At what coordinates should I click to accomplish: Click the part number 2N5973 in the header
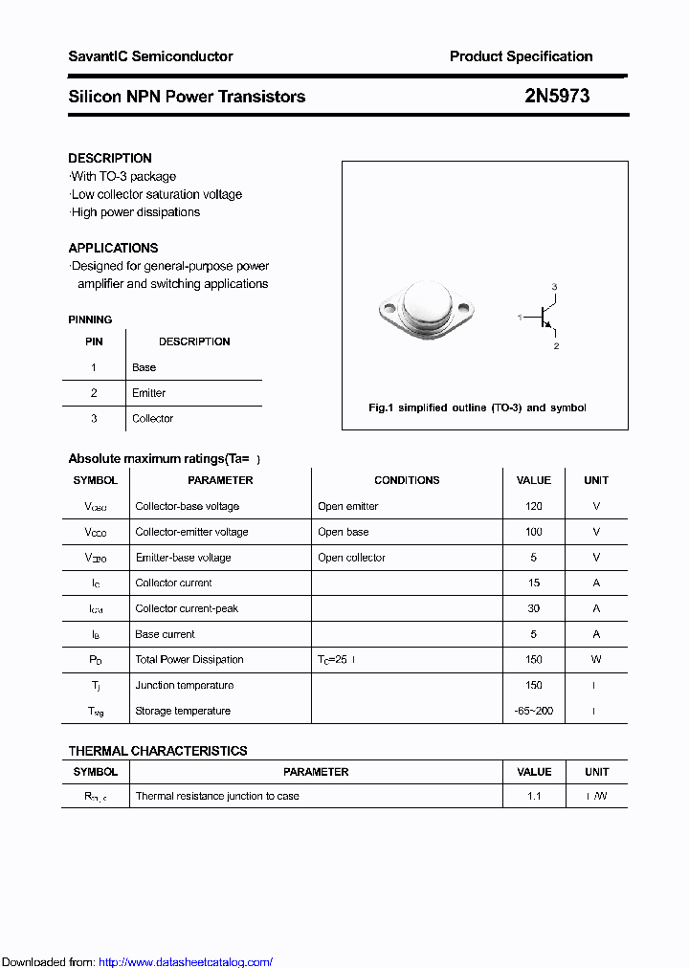click(x=556, y=96)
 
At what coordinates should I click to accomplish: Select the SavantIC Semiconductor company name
click(x=150, y=56)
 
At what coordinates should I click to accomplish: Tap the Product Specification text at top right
click(x=521, y=56)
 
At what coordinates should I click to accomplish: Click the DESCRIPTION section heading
click(x=110, y=158)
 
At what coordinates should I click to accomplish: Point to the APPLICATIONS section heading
click(x=113, y=248)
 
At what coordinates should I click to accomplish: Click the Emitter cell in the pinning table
click(x=148, y=393)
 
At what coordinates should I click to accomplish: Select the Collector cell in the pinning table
click(x=152, y=419)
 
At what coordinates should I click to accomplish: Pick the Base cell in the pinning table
click(x=144, y=367)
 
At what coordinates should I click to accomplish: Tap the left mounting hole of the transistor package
click(x=389, y=308)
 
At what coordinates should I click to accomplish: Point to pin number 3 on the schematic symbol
click(x=554, y=287)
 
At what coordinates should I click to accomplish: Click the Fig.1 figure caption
click(x=477, y=407)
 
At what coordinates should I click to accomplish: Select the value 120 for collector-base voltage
click(x=534, y=506)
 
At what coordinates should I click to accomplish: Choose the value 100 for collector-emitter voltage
click(x=534, y=532)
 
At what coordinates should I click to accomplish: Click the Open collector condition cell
click(x=351, y=558)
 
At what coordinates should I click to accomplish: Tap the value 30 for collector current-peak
click(x=534, y=608)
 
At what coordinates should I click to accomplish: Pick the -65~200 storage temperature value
click(x=534, y=711)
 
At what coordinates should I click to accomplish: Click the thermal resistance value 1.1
click(x=534, y=796)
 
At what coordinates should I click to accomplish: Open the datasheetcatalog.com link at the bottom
click(x=186, y=962)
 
